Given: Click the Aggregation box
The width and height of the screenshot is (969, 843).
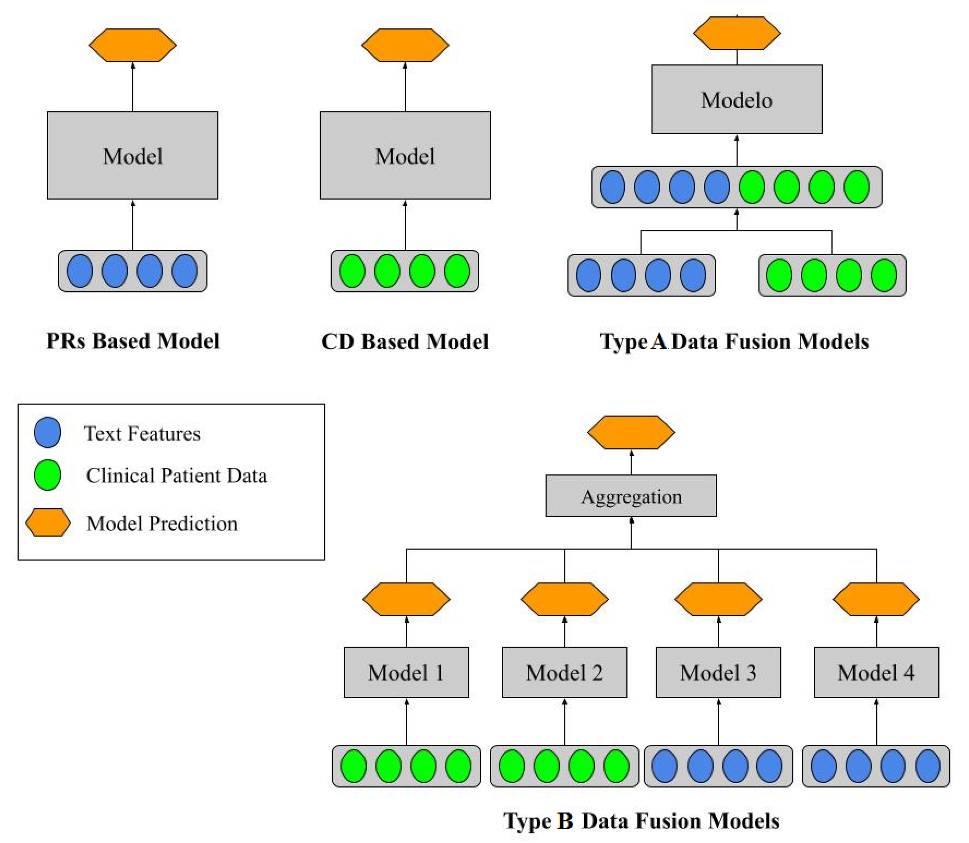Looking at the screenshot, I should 631,496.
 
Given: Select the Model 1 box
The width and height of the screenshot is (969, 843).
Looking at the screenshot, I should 406,672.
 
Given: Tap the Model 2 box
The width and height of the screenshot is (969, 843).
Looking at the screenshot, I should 564,672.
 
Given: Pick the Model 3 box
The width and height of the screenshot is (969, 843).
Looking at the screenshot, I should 718,672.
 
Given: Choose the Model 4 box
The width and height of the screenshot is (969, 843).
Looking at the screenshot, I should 876,672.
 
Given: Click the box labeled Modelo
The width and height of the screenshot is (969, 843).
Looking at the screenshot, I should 737,99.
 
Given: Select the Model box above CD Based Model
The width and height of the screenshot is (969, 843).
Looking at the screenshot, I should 405,155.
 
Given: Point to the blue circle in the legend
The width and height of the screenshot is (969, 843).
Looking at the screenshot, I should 47,432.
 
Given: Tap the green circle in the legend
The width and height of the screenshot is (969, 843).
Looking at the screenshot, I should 47,475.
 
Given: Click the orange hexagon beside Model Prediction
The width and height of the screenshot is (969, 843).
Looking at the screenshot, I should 47,522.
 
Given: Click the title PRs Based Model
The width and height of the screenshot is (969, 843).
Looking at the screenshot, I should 133,341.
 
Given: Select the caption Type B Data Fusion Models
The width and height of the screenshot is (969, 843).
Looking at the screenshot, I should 641,821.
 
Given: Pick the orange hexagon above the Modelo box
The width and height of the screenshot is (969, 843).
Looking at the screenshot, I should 737,33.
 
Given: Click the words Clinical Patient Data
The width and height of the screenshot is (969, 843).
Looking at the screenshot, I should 177,475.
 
